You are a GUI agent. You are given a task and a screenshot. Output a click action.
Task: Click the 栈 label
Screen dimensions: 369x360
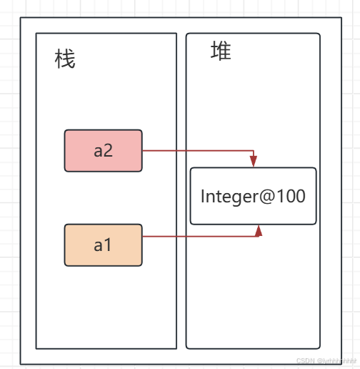coord(65,59)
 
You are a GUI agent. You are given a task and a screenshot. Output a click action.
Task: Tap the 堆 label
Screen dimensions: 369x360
coord(221,51)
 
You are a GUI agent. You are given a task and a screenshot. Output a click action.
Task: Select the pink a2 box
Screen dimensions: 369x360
coord(104,151)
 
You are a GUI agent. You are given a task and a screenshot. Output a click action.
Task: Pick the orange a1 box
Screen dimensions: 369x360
coord(104,245)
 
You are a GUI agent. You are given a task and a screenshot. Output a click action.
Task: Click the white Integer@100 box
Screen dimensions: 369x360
coord(253,196)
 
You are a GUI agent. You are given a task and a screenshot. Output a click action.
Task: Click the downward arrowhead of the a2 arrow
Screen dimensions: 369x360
coord(254,162)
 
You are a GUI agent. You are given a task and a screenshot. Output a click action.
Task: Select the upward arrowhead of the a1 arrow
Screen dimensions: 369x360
coord(259,230)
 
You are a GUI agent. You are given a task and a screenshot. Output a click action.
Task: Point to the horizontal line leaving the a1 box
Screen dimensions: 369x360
coord(200,236)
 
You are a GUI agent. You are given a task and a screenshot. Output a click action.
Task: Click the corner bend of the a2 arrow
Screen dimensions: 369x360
coord(254,151)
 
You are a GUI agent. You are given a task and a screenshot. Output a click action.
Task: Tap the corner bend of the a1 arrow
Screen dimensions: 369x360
coord(259,236)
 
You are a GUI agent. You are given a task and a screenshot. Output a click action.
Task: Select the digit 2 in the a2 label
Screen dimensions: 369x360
coord(109,151)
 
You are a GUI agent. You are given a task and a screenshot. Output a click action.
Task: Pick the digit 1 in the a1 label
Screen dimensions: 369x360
coord(109,245)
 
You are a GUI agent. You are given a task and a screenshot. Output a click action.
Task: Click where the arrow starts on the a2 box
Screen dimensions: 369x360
coord(143,151)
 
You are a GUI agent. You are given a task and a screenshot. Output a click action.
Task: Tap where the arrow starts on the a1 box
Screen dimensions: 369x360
coord(143,236)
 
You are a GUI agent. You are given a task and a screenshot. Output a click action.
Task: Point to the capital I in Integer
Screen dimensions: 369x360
coord(203,196)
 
